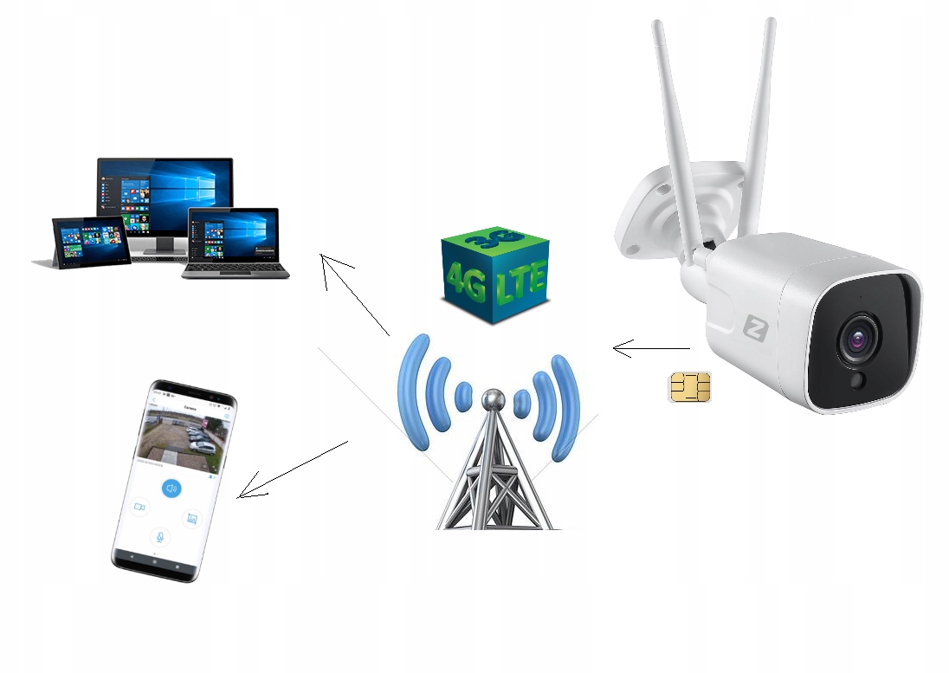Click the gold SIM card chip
[690, 386]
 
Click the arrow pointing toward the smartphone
[293, 469]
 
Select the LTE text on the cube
[522, 282]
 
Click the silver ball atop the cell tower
[492, 399]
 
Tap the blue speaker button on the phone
[171, 489]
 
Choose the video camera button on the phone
[139, 506]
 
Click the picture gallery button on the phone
[192, 519]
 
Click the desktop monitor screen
[165, 195]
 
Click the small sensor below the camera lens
[858, 381]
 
